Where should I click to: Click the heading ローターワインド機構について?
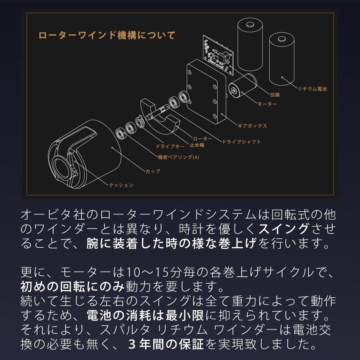point(107,36)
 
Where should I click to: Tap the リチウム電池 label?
point(312,89)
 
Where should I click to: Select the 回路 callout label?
point(275,95)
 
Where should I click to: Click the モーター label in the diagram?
point(267,104)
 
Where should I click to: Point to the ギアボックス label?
point(252,126)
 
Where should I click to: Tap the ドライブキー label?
point(170,147)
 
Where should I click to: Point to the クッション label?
point(121,185)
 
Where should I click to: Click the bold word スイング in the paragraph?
point(283,228)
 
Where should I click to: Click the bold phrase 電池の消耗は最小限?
point(145,316)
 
